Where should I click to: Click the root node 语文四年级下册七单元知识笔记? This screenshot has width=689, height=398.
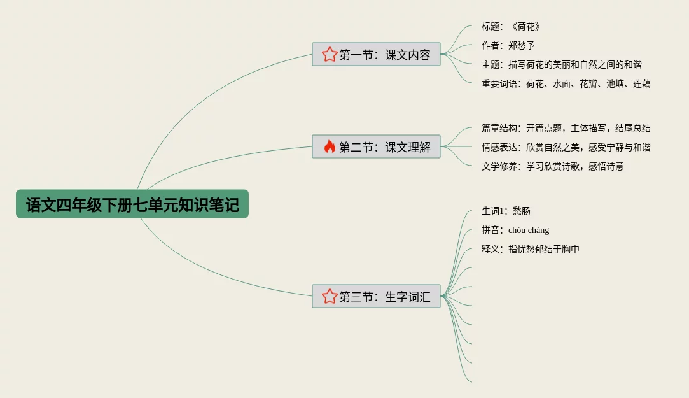(x=132, y=204)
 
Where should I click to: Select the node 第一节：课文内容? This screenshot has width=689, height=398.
(x=376, y=55)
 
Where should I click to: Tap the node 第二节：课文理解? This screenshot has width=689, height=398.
(x=376, y=147)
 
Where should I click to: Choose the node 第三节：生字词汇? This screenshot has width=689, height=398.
(x=376, y=296)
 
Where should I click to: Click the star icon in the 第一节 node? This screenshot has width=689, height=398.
(x=329, y=55)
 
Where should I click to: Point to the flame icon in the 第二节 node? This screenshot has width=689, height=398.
(x=329, y=147)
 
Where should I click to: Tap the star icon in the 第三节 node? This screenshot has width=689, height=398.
(x=329, y=296)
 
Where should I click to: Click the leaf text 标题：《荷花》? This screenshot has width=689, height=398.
(x=512, y=27)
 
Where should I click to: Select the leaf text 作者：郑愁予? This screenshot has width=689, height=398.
(x=508, y=46)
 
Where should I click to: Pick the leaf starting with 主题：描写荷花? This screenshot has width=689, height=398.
(x=562, y=64)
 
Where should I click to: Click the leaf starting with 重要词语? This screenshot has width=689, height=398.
(x=566, y=83)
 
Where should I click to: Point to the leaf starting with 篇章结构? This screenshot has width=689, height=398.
(x=566, y=128)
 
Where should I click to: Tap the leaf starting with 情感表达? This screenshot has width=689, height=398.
(x=566, y=147)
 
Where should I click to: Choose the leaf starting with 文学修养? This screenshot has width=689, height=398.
(x=553, y=166)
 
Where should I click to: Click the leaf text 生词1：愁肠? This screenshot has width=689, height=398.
(x=506, y=211)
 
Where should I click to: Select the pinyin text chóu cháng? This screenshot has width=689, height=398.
(x=529, y=230)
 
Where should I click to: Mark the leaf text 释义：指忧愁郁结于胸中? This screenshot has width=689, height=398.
(x=531, y=249)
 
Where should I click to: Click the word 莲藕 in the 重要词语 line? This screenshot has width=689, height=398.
(x=642, y=83)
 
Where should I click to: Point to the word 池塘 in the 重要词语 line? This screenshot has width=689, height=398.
(x=615, y=83)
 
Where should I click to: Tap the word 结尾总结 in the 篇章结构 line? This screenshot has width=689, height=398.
(x=633, y=128)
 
